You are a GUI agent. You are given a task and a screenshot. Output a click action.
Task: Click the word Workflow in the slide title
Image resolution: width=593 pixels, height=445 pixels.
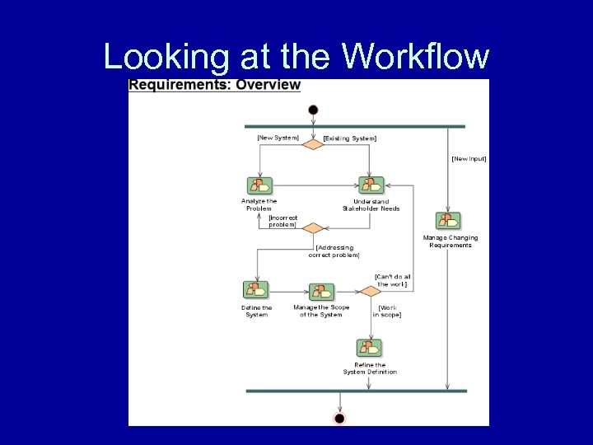coord(415,57)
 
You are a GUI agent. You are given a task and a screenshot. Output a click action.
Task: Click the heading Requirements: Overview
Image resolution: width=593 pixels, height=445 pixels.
coord(215,85)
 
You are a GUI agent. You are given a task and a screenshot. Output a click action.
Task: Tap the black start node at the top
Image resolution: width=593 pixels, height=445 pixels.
coord(313,110)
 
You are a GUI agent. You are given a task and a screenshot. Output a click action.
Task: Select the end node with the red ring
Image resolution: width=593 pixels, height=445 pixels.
coord(339,418)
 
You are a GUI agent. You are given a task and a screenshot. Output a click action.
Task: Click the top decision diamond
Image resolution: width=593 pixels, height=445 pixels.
coord(313,144)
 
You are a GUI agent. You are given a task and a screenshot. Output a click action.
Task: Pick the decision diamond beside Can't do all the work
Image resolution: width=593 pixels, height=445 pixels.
coord(370,291)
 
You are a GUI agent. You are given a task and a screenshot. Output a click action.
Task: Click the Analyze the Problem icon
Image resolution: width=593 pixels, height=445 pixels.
coord(259,185)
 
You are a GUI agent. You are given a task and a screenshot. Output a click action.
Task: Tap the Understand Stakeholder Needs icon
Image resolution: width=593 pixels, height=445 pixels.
coord(371,185)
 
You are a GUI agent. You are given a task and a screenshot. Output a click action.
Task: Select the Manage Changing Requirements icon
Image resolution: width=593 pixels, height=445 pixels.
coord(449,221)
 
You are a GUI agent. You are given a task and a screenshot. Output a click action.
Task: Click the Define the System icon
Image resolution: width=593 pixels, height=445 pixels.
coord(256,291)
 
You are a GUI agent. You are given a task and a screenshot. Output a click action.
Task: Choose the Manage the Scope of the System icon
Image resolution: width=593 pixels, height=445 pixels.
coord(321,293)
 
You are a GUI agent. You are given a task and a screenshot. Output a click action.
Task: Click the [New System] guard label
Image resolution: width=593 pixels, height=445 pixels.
coord(278,138)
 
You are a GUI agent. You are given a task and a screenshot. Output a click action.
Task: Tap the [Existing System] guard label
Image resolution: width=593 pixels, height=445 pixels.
coord(350,138)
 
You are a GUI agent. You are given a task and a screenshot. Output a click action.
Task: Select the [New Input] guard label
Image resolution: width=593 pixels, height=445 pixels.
coord(469,158)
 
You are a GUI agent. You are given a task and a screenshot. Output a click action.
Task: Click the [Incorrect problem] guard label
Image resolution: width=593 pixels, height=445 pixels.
coord(282,221)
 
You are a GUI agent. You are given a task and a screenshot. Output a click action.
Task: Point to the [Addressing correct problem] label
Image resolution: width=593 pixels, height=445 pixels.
coord(334,251)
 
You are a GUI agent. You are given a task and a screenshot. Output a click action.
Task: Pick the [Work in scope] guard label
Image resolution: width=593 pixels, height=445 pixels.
coord(387,311)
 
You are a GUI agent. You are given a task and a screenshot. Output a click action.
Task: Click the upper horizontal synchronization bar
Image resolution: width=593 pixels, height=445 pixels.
coord(355,127)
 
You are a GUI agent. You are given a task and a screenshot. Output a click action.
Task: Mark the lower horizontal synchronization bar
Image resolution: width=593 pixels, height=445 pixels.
coord(355,391)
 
